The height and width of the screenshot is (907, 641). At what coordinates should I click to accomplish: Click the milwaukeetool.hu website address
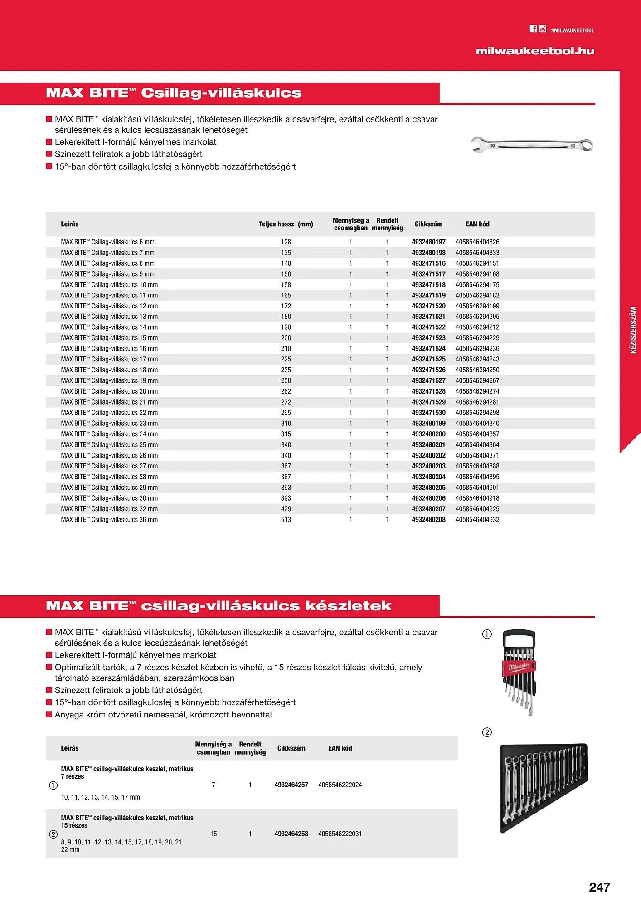[x=535, y=51]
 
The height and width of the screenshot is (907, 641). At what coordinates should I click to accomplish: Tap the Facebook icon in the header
[x=533, y=29]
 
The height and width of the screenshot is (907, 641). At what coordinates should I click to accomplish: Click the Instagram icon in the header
[x=543, y=29]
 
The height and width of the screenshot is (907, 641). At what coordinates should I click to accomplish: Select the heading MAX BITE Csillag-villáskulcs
[x=174, y=93]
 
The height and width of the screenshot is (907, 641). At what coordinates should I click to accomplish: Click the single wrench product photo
[x=531, y=145]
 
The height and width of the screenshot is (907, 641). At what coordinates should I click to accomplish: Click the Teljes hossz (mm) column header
[x=286, y=224]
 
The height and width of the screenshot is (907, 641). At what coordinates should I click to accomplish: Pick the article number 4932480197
[x=428, y=242]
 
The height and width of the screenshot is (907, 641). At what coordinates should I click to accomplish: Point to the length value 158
[x=286, y=285]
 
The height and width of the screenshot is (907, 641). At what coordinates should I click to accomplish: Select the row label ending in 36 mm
[x=109, y=520]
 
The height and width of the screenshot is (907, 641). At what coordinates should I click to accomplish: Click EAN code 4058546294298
[x=477, y=413]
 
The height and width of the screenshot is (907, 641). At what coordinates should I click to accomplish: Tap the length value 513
[x=286, y=520]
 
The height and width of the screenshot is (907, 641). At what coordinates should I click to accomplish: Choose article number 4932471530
[x=428, y=413]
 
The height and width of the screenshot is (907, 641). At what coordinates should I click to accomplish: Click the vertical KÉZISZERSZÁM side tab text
[x=633, y=330]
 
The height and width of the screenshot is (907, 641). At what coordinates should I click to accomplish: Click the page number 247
[x=599, y=887]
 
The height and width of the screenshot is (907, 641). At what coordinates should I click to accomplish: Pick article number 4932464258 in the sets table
[x=291, y=834]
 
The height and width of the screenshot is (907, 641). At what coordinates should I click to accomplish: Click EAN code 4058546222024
[x=340, y=785]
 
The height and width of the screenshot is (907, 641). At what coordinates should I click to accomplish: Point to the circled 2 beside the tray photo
[x=487, y=732]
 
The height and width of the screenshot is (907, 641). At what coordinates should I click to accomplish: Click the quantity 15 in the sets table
[x=214, y=834]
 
